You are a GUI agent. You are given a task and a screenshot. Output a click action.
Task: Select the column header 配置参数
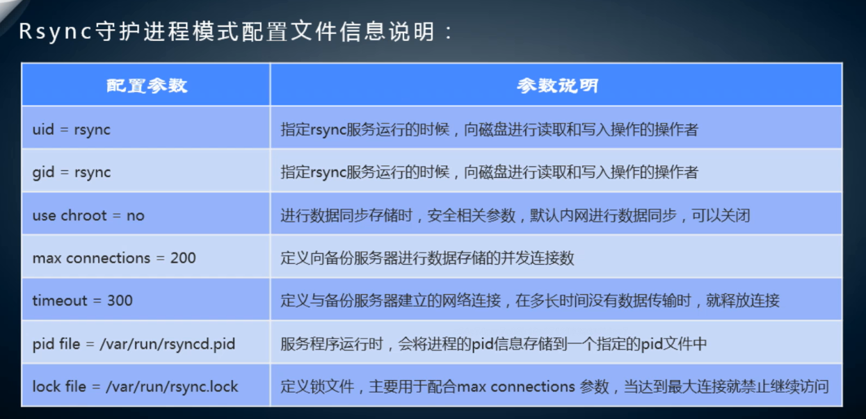click(x=147, y=85)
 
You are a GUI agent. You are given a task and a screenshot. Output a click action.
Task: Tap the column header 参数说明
click(x=557, y=85)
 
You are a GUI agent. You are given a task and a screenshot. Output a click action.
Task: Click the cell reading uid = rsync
click(x=71, y=130)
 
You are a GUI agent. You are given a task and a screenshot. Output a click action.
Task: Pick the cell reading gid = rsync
click(x=72, y=172)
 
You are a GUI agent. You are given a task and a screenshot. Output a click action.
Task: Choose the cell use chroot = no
click(x=88, y=215)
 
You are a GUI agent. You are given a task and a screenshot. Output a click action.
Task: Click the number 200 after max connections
click(x=183, y=258)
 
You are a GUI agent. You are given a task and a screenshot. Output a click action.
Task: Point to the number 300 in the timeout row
click(x=120, y=300)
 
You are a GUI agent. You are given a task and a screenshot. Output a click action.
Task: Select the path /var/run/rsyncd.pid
click(x=168, y=344)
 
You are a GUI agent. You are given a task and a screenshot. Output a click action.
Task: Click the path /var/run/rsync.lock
click(x=172, y=386)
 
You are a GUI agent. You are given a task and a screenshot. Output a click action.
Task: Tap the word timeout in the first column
click(x=60, y=300)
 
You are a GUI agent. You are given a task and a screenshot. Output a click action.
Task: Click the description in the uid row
click(x=489, y=130)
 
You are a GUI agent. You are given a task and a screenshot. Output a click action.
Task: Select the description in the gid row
click(x=489, y=172)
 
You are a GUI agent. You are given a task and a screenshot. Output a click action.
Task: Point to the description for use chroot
click(x=515, y=215)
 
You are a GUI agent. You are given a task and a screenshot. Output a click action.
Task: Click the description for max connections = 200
click(x=427, y=258)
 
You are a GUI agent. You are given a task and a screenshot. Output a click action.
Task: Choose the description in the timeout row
click(x=529, y=300)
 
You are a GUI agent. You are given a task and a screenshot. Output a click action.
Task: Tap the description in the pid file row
click(x=493, y=344)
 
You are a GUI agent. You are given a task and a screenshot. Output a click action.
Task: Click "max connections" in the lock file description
click(x=515, y=386)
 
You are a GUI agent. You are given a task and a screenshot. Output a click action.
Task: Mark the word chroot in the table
click(x=83, y=215)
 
